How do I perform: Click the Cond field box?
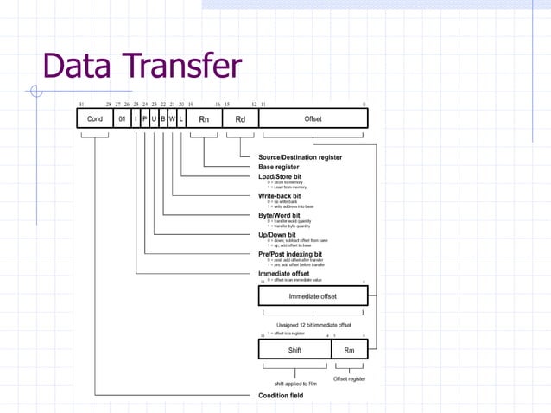coord(95,119)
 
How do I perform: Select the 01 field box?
coord(123,119)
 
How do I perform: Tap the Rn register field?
coord(204,119)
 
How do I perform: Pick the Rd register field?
coord(240,119)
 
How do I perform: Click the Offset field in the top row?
coord(313,119)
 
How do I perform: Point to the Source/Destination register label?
coord(300,157)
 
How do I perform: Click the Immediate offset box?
coord(313,296)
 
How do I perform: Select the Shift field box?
coord(294,350)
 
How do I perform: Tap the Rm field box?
coord(349,350)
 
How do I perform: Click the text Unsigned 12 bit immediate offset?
coord(313,325)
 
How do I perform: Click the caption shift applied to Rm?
coord(295,383)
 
